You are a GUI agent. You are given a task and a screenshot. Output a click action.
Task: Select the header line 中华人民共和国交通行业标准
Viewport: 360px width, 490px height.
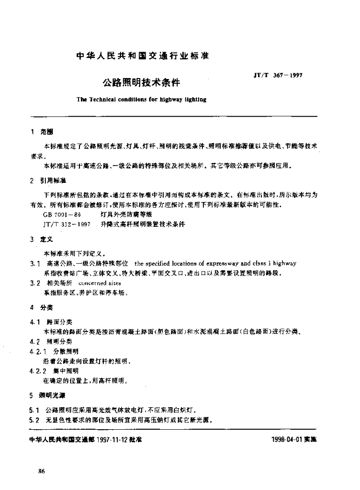143,56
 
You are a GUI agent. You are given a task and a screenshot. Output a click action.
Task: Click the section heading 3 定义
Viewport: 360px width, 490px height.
43,241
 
